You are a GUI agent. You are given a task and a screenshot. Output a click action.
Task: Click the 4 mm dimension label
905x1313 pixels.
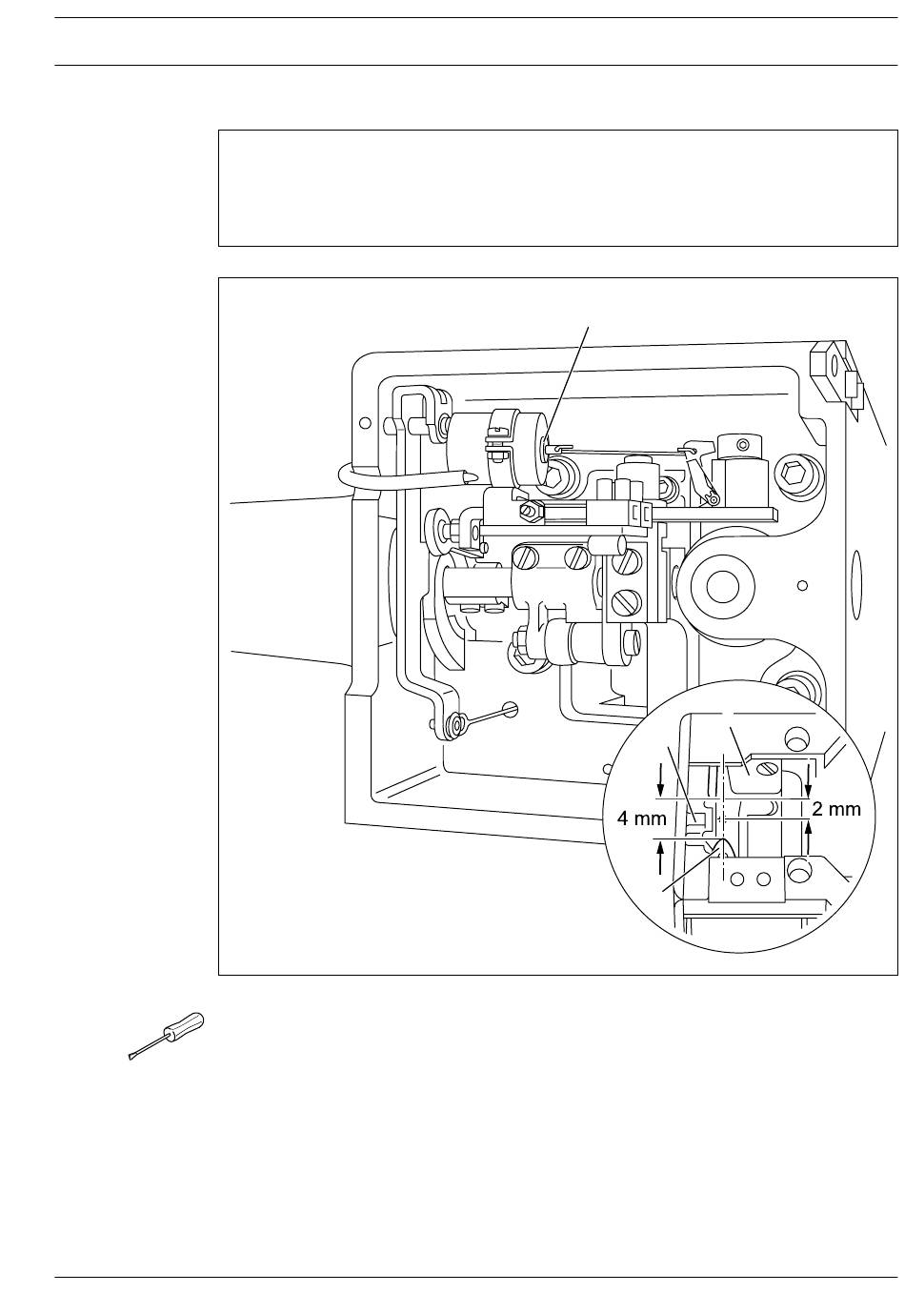(x=642, y=818)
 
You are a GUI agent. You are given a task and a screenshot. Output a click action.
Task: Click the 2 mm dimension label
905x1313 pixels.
(x=836, y=810)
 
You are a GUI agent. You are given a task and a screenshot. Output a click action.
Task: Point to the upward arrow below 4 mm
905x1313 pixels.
(x=661, y=858)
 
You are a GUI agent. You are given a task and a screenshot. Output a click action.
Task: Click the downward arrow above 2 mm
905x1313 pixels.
(x=808, y=779)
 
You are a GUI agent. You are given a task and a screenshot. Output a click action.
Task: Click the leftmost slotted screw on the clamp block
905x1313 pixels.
(x=525, y=556)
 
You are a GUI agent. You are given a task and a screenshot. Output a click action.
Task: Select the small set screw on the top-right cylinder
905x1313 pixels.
(x=744, y=442)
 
